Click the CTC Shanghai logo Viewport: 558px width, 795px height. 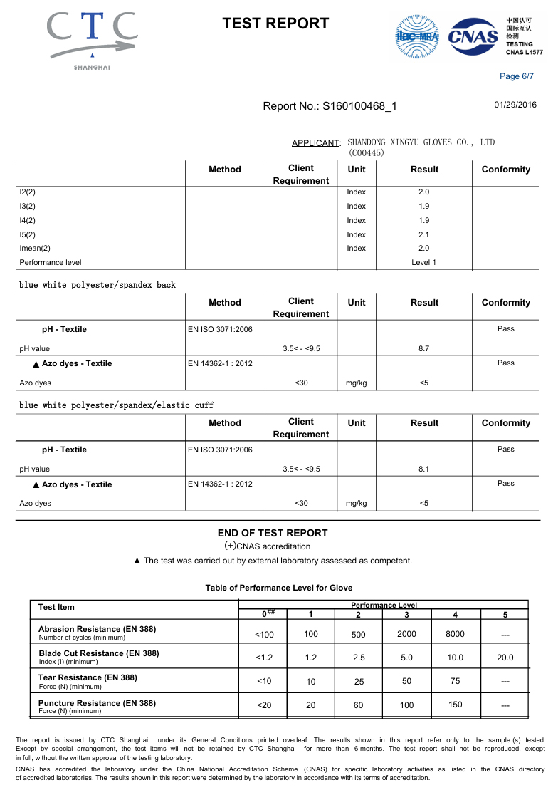(93, 39)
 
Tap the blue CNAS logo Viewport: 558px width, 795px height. (472, 36)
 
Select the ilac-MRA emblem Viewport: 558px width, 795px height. (417, 36)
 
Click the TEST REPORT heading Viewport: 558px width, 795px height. (275, 24)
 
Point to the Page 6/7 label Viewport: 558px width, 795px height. (517, 76)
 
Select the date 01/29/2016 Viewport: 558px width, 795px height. (515, 105)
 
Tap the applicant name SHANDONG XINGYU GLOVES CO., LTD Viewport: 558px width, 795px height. (421, 142)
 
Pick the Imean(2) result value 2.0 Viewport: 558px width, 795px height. (424, 249)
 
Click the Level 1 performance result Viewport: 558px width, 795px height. (424, 262)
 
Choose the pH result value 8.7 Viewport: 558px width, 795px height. (424, 348)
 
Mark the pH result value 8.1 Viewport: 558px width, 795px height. (424, 469)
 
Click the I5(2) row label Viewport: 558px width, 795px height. (27, 234)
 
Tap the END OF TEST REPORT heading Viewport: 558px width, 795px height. (273, 533)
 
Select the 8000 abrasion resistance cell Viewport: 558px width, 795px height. (455, 634)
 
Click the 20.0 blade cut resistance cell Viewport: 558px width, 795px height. (505, 658)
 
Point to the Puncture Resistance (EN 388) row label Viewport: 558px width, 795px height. (97, 703)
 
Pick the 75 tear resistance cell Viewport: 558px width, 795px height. (455, 681)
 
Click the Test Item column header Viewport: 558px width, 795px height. (56, 607)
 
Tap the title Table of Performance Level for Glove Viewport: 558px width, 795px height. (279, 588)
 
